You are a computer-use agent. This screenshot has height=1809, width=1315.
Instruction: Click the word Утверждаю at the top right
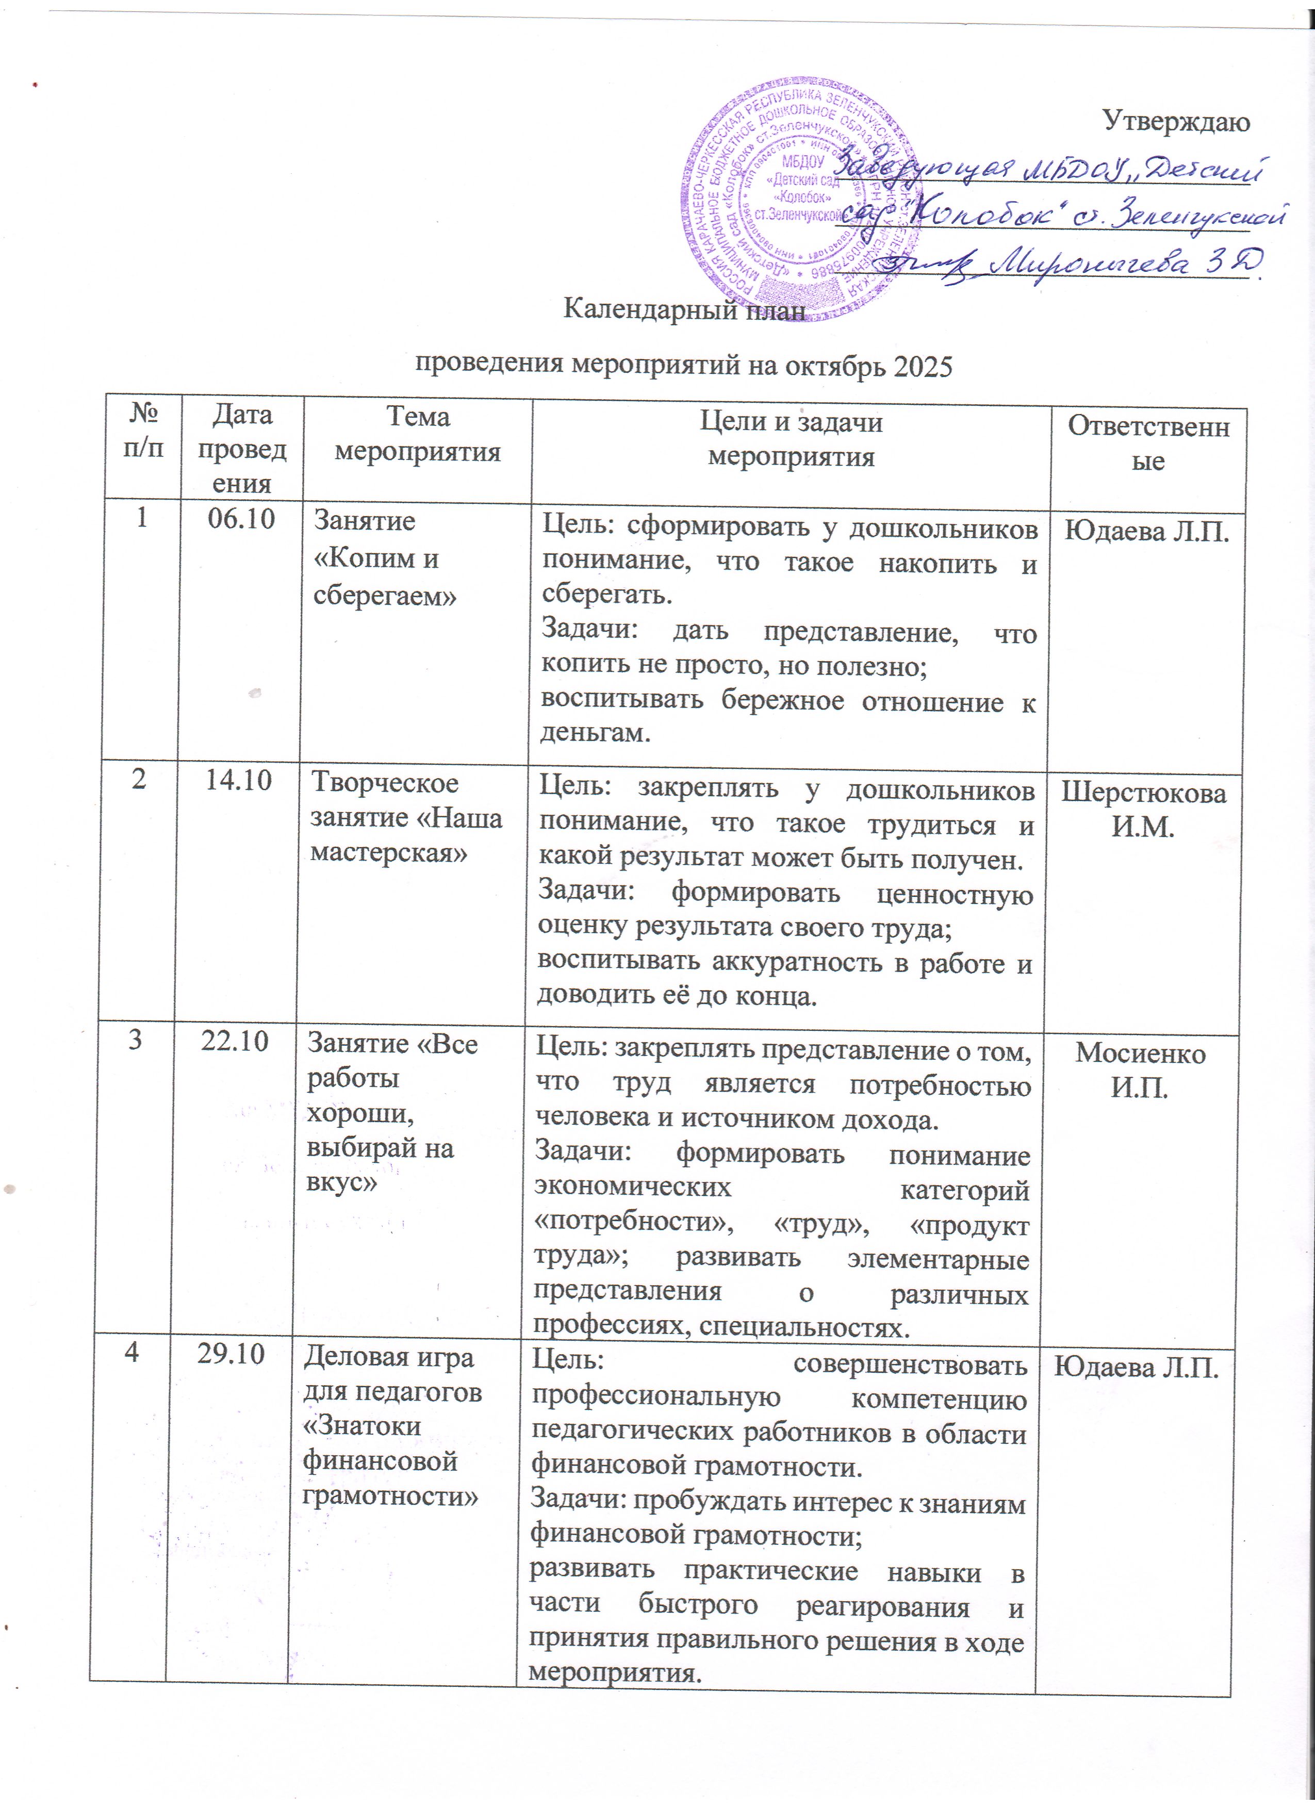coord(1176,121)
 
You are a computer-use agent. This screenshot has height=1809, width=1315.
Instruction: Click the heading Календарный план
coord(684,309)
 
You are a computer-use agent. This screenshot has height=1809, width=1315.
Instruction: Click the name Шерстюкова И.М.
coord(1143,810)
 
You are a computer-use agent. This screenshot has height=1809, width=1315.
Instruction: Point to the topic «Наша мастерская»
coord(407,835)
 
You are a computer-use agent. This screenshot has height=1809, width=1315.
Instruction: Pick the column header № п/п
coord(143,431)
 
